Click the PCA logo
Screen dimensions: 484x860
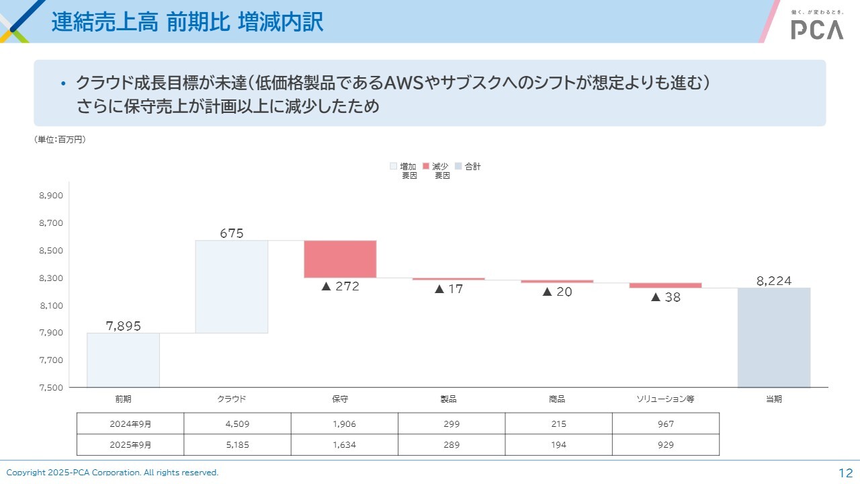click(817, 29)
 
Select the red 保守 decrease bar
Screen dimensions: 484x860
click(340, 259)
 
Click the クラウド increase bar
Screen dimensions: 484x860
click(232, 286)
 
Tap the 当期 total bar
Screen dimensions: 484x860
click(774, 337)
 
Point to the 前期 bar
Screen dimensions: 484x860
click(123, 360)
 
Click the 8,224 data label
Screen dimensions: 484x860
click(774, 281)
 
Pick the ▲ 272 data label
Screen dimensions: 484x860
click(340, 286)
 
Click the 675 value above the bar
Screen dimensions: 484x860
click(232, 233)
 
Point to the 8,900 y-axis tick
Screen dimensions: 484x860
click(51, 196)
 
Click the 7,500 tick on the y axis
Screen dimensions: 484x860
click(51, 387)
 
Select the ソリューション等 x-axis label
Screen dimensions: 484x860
click(665, 399)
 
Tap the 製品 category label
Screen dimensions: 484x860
click(448, 399)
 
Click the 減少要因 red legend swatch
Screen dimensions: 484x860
click(426, 166)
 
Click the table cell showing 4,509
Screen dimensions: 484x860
click(237, 424)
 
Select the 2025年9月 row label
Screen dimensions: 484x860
click(130, 445)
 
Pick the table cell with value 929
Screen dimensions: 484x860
click(665, 445)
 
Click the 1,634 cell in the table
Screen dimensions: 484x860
click(344, 445)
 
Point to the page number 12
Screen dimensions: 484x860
click(845, 473)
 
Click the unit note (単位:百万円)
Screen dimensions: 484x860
click(60, 140)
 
